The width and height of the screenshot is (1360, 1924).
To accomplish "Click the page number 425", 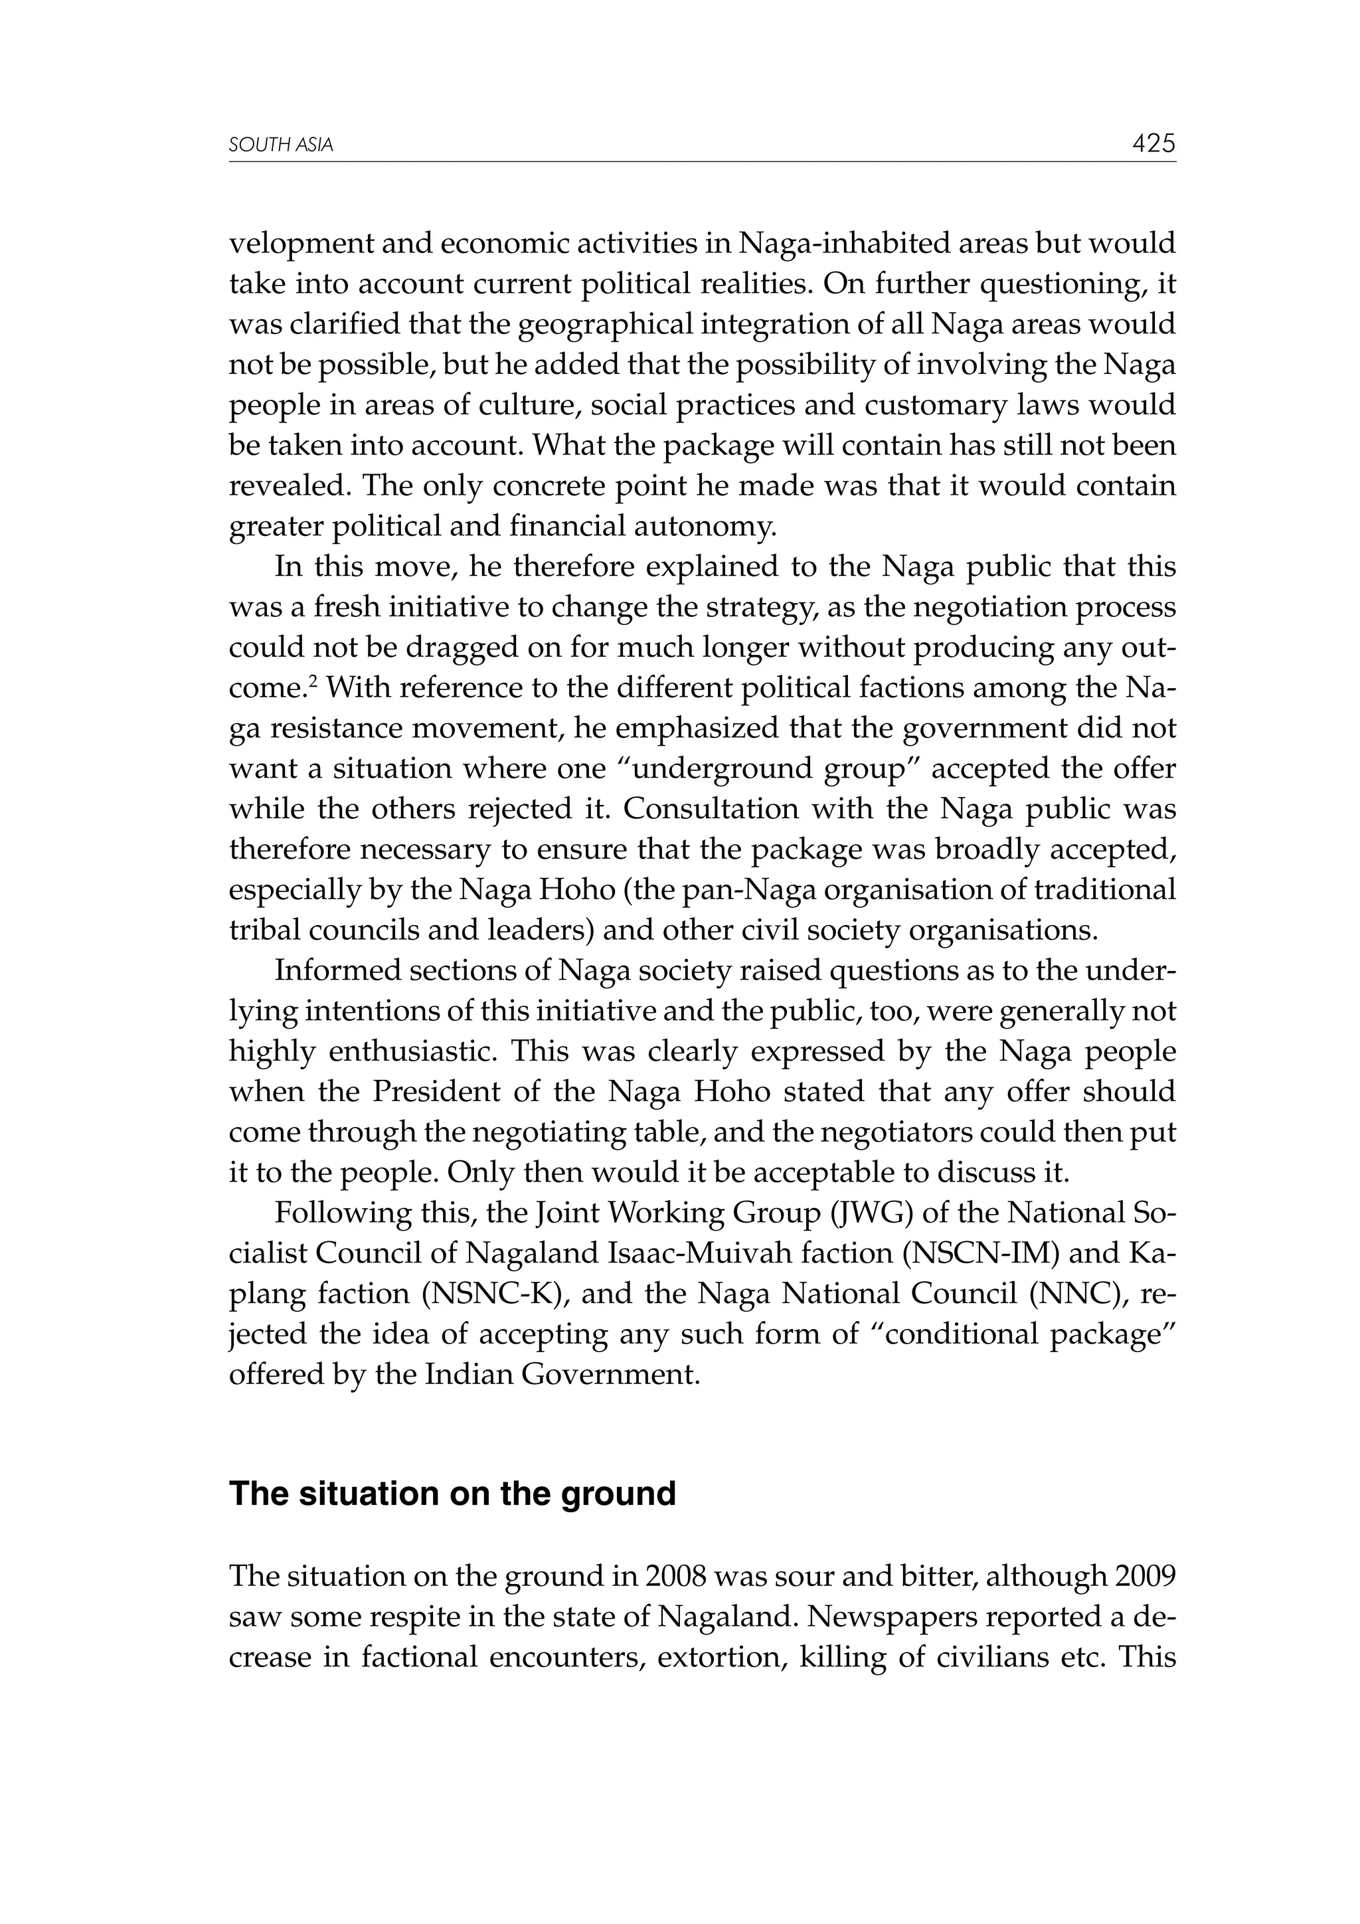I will (1153, 143).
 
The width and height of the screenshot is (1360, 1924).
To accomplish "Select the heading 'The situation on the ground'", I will (452, 1493).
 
